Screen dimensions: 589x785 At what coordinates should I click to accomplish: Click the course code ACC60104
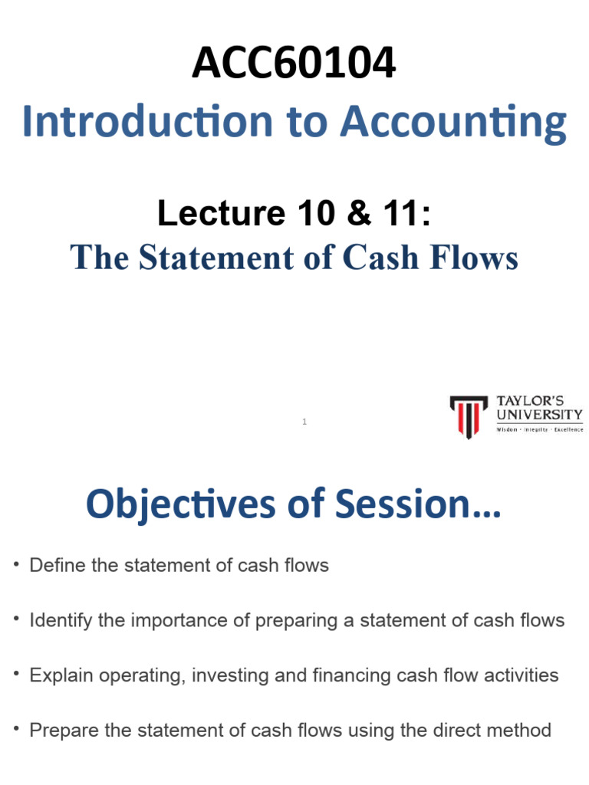coord(294,63)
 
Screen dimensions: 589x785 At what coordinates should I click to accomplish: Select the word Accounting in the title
coord(453,123)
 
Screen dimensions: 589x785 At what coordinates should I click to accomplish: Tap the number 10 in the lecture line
coord(316,213)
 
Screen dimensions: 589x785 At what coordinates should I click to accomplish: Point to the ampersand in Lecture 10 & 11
coord(359,213)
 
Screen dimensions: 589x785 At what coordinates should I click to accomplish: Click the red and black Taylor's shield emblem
coord(469,416)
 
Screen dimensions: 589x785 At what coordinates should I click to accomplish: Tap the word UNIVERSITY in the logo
coord(539,415)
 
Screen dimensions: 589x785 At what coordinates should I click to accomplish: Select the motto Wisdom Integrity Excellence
coord(539,429)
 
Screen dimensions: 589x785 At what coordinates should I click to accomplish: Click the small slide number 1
coord(304,422)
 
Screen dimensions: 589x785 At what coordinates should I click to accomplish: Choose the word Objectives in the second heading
coord(181,504)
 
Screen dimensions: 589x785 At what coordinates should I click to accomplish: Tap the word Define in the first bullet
coord(58,565)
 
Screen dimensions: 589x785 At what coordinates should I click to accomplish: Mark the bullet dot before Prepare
coord(17,728)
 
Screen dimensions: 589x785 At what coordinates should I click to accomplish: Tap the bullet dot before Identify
coord(17,619)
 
